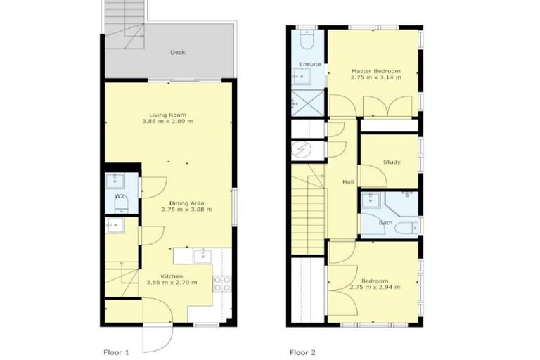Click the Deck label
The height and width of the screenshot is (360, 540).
pos(177,52)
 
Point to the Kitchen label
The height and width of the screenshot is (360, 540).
pos(171,276)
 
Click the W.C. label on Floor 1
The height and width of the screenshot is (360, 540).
pos(120,196)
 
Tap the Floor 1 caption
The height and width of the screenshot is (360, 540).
pos(117,350)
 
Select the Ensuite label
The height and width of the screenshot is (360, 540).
pos(309,64)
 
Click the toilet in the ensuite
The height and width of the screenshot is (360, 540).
pos(307,41)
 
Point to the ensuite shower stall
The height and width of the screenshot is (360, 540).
pos(307,97)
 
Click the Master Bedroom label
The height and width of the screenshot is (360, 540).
pos(376,71)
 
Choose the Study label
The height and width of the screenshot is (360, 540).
pos(392,162)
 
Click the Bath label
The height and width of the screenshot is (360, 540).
pos(386,223)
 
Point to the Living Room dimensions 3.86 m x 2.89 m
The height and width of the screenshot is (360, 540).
pos(167,122)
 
